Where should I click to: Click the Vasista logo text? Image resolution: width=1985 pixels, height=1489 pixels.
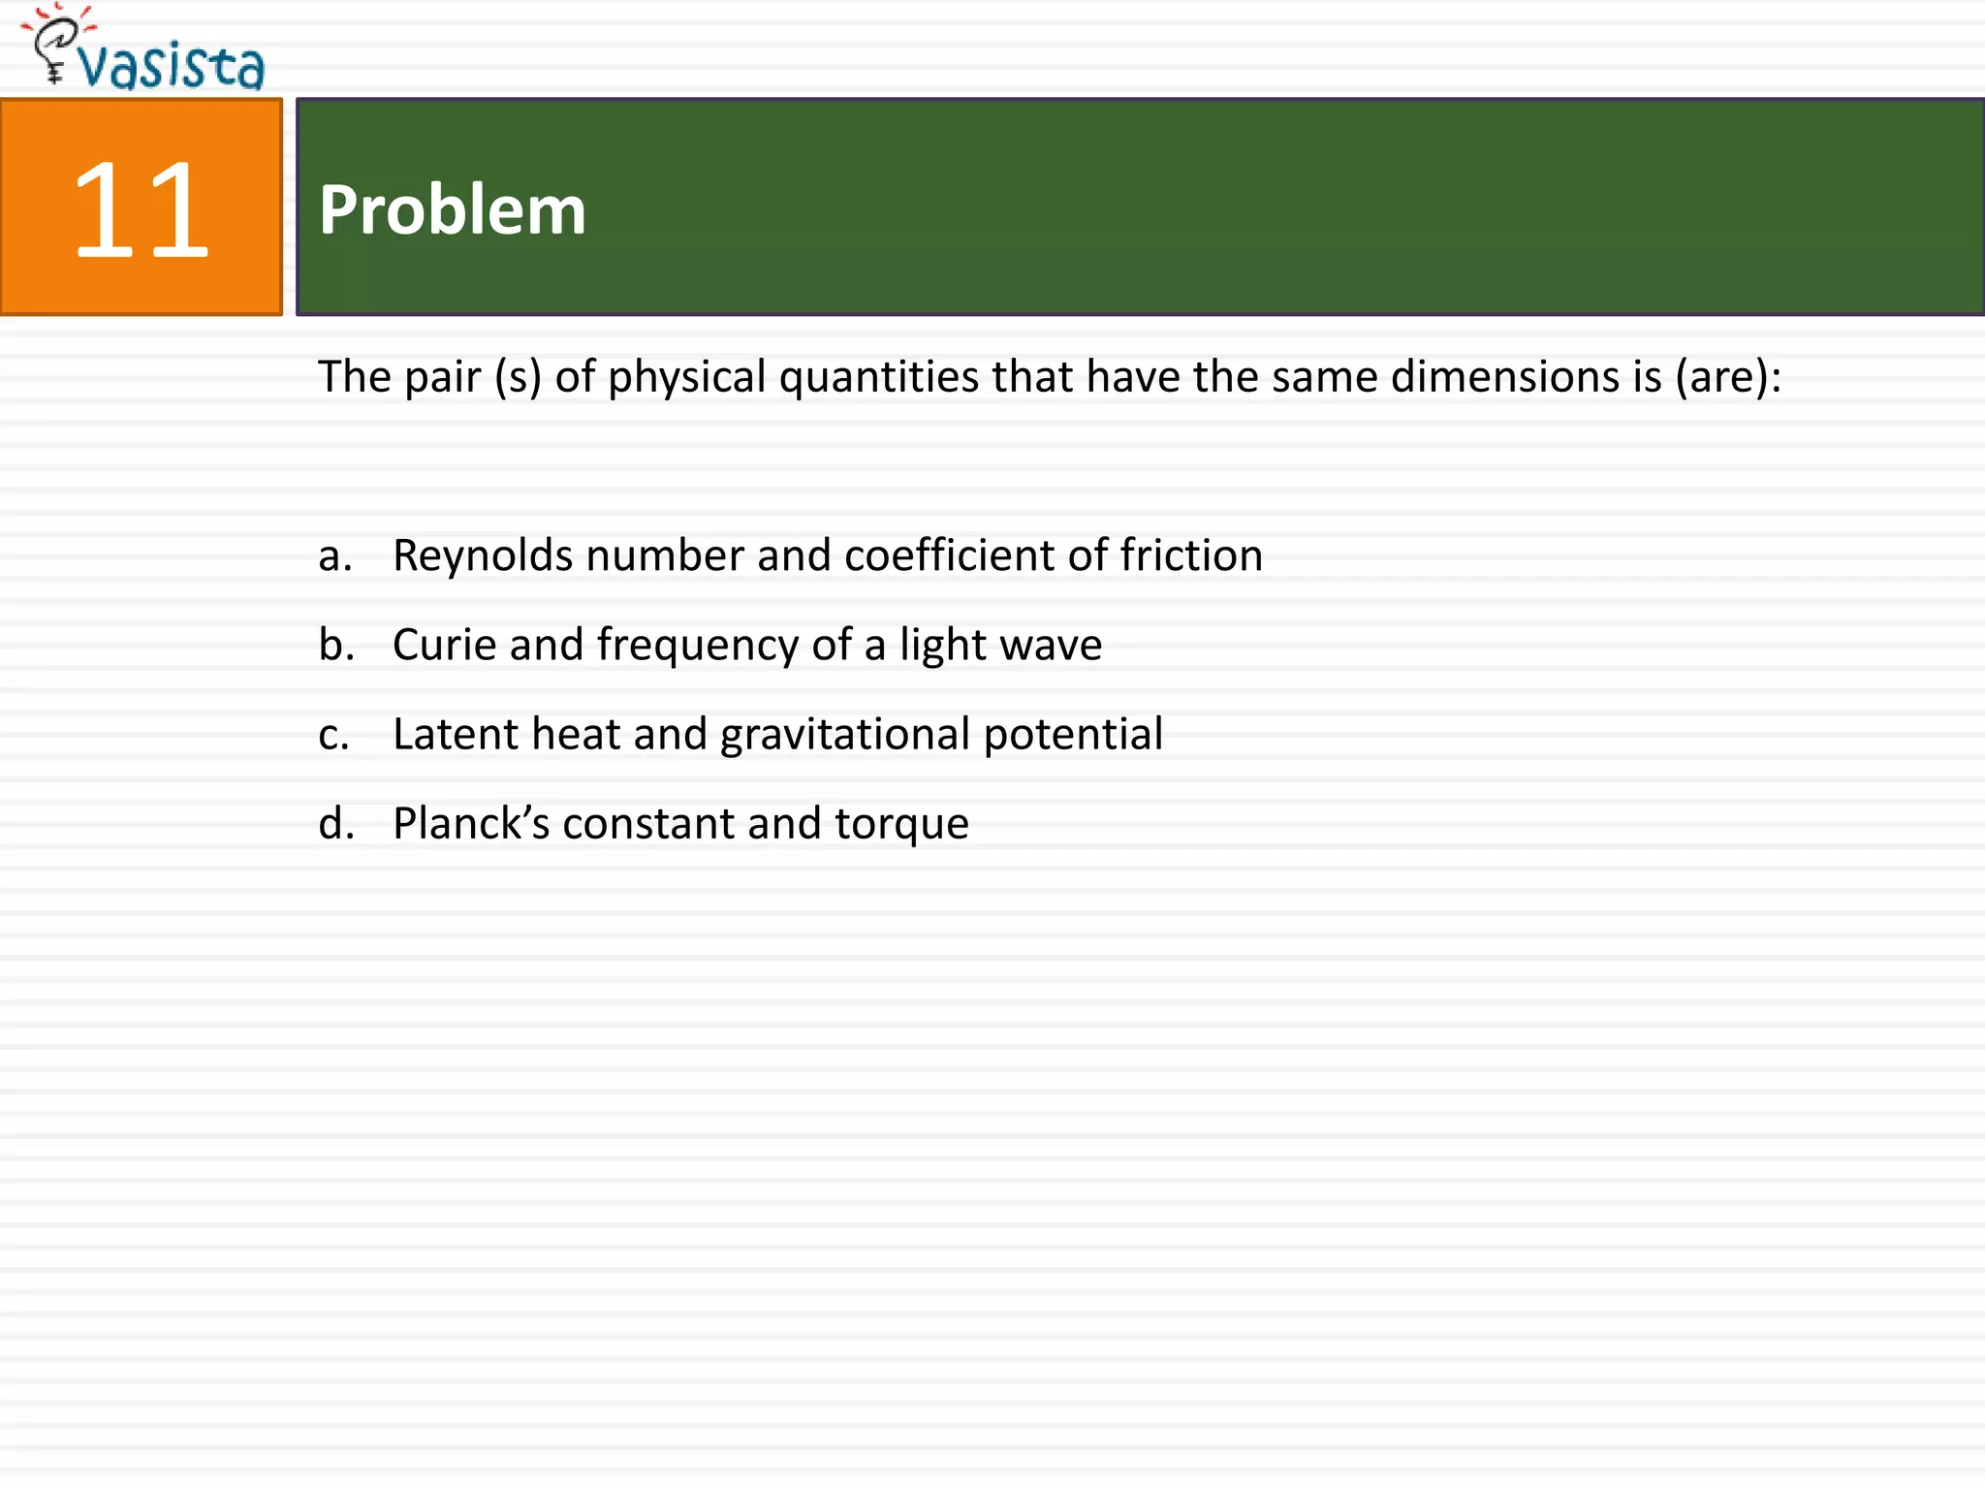(172, 66)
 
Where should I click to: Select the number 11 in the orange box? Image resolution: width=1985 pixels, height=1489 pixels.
(141, 209)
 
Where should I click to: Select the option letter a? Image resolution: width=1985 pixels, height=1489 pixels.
(334, 555)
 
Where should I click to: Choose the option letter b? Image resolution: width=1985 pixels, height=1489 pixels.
(335, 645)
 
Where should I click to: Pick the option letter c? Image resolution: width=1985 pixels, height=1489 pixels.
(333, 735)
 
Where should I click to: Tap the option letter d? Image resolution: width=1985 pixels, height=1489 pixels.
(335, 824)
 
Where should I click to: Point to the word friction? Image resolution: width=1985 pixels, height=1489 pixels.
(1191, 555)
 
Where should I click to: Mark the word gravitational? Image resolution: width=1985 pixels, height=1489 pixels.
(844, 735)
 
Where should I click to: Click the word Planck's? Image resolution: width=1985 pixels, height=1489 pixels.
(471, 824)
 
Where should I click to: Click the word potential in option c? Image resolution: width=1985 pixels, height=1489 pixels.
(1073, 735)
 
